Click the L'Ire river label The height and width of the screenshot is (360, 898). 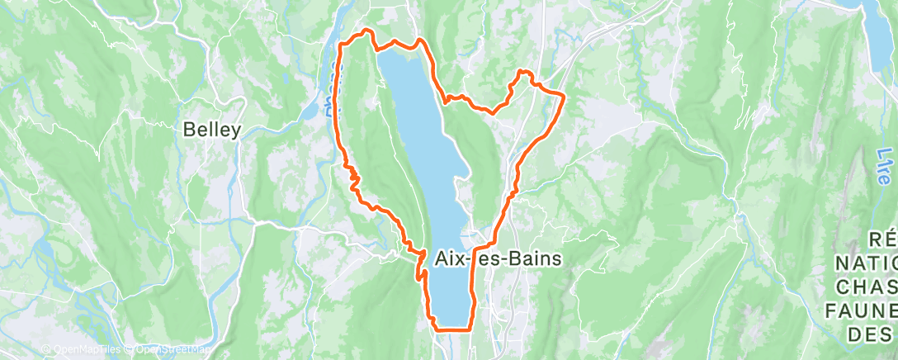pyautogui.click(x=885, y=166)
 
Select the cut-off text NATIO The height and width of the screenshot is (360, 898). pyautogui.click(x=866, y=263)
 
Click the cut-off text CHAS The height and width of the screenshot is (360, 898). pyautogui.click(x=867, y=287)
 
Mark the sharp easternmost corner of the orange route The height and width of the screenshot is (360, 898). pyautogui.click(x=564, y=97)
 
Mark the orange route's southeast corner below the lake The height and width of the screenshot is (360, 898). pyautogui.click(x=469, y=328)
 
